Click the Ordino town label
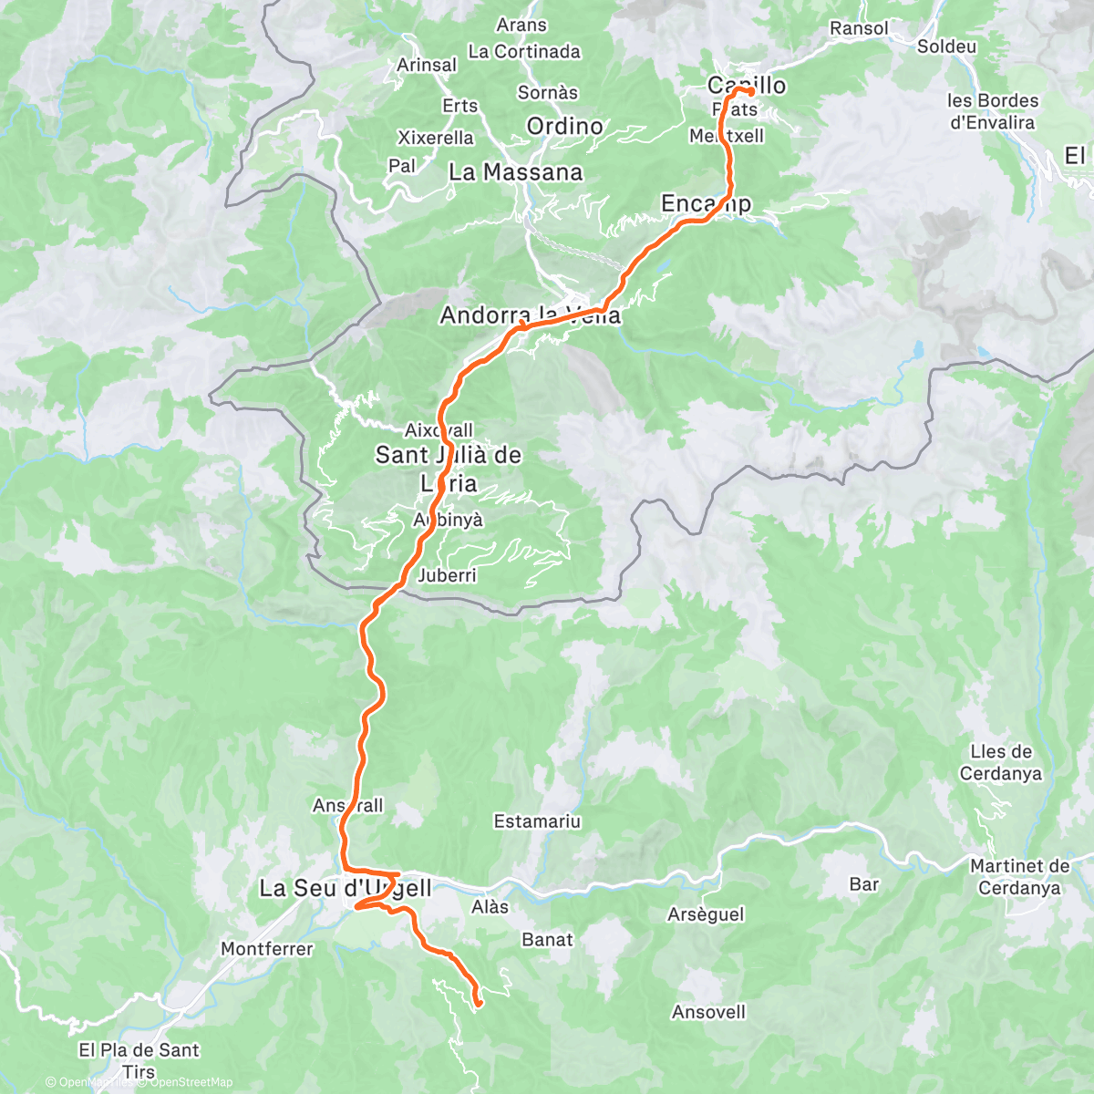[x=564, y=127]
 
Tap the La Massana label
[x=515, y=172]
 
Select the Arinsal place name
[x=427, y=65]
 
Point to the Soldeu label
[x=946, y=46]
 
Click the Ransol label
[x=858, y=28]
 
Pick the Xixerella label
[x=436, y=138]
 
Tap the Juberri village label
[x=447, y=575]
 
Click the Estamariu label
[x=537, y=821]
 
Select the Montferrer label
[x=266, y=949]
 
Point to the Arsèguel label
[x=706, y=914]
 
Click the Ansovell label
[x=708, y=1012]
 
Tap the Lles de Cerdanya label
[x=1000, y=762]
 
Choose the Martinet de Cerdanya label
[x=1019, y=877]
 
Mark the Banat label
[x=547, y=939]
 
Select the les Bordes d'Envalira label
[x=992, y=111]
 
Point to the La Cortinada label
[x=523, y=52]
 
